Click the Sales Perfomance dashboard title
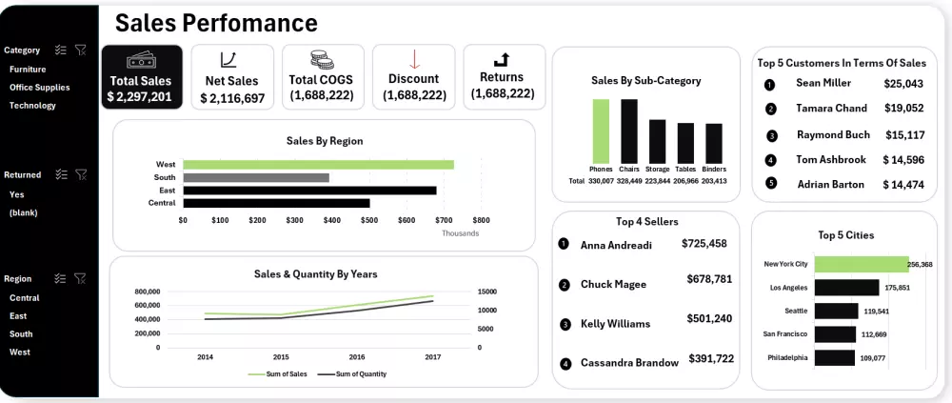pos(216,23)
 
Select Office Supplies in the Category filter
pos(39,88)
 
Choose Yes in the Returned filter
pos(17,194)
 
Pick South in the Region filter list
pos(21,334)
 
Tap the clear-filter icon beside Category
pos(81,50)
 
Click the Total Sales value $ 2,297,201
pos(140,97)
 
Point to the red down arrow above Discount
pos(414,59)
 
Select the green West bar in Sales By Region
pos(318,165)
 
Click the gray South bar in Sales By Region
pos(256,177)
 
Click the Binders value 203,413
pos(714,181)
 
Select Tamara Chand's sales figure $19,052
pos(903,109)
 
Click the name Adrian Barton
pos(830,185)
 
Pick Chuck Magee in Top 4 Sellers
pos(613,285)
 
